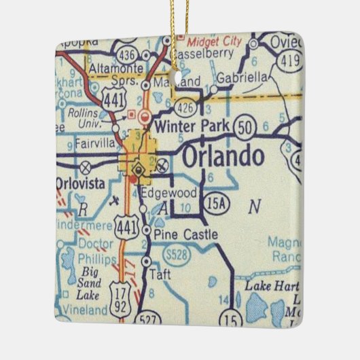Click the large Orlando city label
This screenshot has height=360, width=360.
[x=222, y=157]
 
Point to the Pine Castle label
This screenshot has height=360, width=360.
[x=185, y=234]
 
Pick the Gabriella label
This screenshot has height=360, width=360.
[x=243, y=78]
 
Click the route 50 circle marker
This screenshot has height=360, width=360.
[x=244, y=127]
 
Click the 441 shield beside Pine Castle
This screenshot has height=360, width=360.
[x=125, y=223]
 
